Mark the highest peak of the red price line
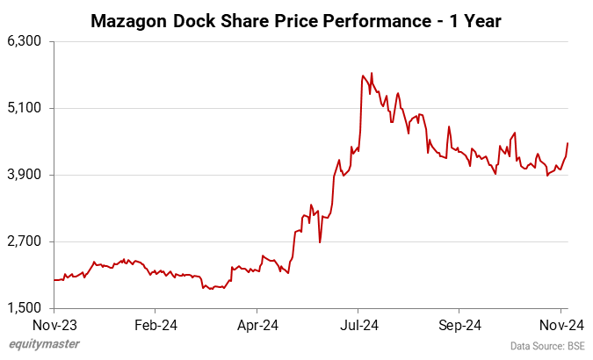click(x=372, y=73)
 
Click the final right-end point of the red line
click(x=568, y=143)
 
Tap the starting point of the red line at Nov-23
click(x=54, y=280)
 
